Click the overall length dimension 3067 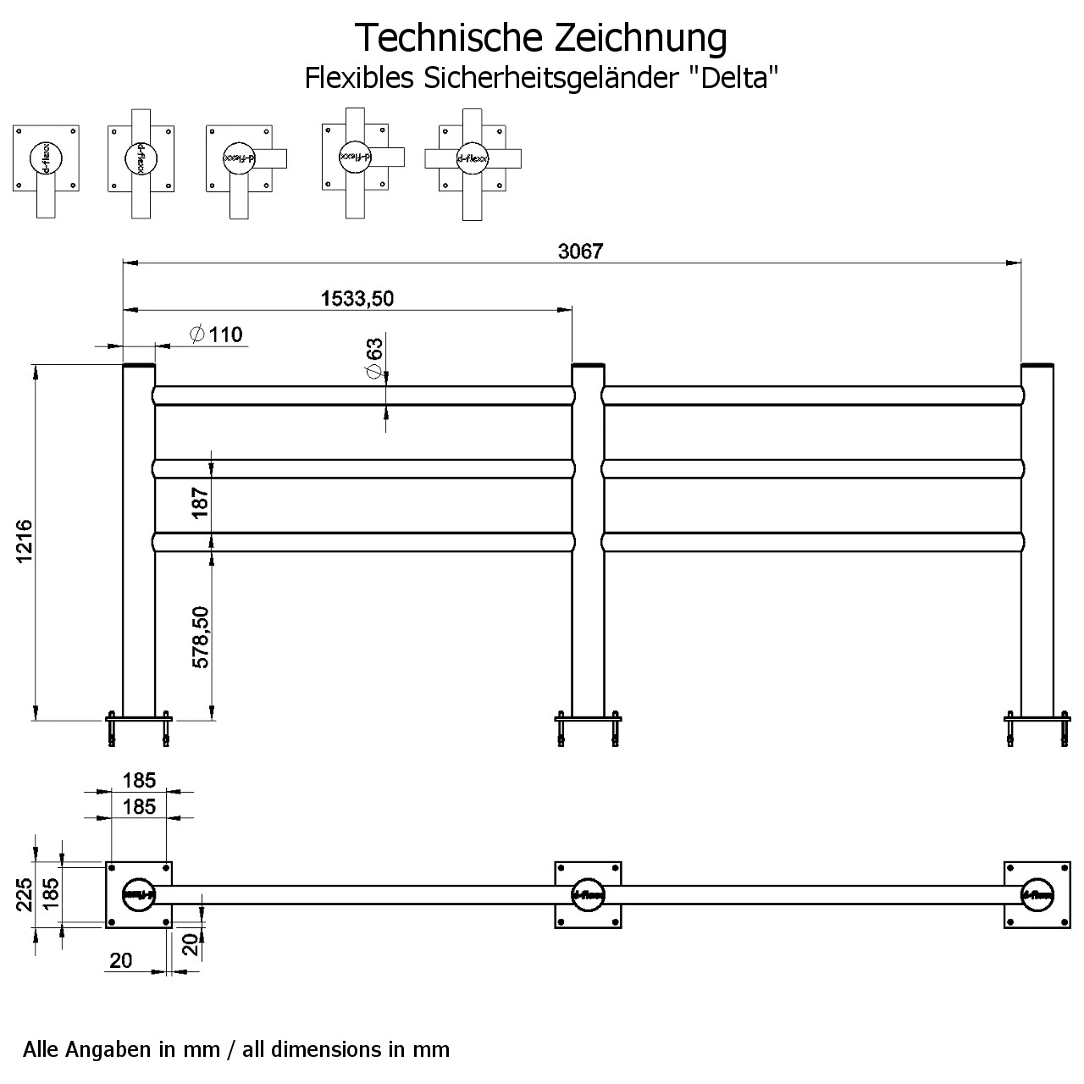point(580,252)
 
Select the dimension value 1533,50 point(357,298)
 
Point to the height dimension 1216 point(24,542)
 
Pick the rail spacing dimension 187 point(200,503)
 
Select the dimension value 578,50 point(200,637)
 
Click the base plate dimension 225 point(24,894)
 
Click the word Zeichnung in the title point(640,37)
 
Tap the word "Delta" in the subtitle point(735,78)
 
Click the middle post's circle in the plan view point(588,894)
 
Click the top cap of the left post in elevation point(139,365)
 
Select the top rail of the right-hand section point(813,395)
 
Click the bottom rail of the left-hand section point(364,541)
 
